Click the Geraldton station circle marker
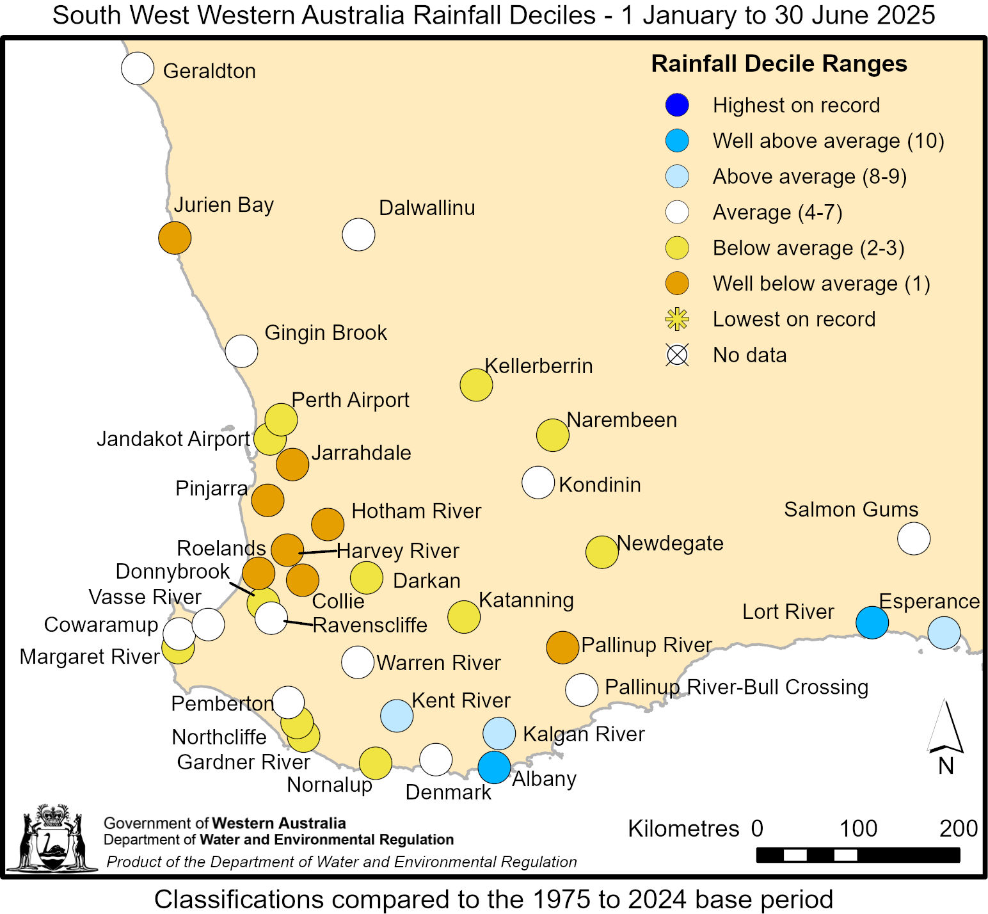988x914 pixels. [x=138, y=68]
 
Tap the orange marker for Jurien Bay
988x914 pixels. [x=175, y=237]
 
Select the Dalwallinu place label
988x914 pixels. [x=427, y=208]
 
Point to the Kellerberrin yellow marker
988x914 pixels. [x=476, y=385]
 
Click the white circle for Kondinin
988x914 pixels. [x=538, y=483]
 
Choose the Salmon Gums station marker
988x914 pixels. [x=913, y=538]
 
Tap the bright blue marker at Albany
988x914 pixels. [x=494, y=767]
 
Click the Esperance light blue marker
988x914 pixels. [x=944, y=632]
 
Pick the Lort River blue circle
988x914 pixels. [x=872, y=622]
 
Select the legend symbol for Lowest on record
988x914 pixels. [x=677, y=319]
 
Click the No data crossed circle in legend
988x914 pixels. [x=677, y=355]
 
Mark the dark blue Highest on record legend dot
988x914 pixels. [x=677, y=105]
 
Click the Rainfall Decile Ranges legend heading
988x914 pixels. [x=779, y=64]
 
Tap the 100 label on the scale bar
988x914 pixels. [x=857, y=828]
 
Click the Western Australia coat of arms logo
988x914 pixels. [x=52, y=838]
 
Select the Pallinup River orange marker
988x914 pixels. [x=562, y=647]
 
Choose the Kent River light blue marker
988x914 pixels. [x=397, y=716]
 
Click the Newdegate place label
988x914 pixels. [x=670, y=543]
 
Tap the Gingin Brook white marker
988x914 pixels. [x=241, y=351]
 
